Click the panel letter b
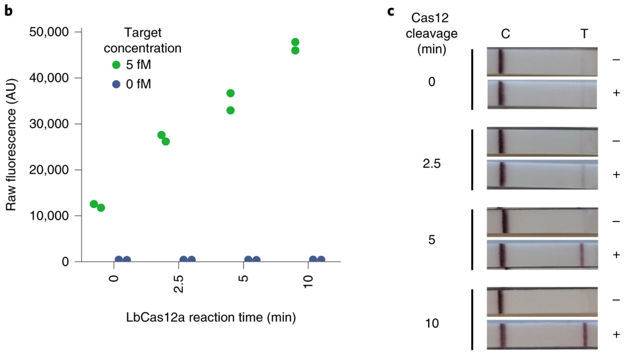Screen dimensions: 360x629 click(x=8, y=11)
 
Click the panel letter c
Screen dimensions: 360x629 click(x=391, y=11)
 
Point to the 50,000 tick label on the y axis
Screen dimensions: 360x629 click(x=49, y=32)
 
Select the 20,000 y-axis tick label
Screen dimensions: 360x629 click(x=49, y=170)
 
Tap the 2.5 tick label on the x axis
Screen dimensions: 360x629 click(x=178, y=283)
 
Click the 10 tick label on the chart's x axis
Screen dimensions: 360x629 click(x=308, y=281)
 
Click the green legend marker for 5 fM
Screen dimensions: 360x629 click(x=116, y=65)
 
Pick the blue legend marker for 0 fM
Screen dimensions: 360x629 click(x=116, y=84)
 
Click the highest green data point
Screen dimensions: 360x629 click(x=295, y=42)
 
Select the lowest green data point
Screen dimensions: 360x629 click(x=101, y=208)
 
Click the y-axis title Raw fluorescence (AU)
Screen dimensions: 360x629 click(x=11, y=145)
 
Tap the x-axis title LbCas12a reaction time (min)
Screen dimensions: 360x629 click(x=211, y=317)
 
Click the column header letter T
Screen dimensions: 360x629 click(x=584, y=33)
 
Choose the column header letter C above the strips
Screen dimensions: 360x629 click(x=505, y=33)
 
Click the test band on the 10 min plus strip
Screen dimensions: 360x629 click(x=585, y=334)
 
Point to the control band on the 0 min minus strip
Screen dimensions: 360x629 click(x=501, y=61)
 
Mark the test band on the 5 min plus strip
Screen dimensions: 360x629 click(x=582, y=255)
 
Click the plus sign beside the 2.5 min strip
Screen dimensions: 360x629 click(x=616, y=175)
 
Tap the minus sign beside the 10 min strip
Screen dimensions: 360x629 click(x=616, y=300)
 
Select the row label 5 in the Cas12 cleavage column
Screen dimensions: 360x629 click(x=431, y=239)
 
